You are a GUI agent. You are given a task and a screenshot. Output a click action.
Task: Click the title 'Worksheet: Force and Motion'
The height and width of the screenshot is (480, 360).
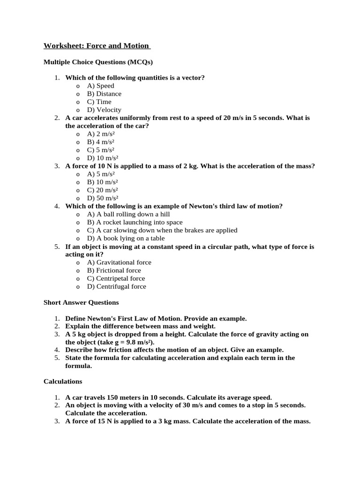click(x=97, y=46)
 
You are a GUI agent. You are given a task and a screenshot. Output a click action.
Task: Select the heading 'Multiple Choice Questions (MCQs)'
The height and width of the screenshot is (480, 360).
click(x=98, y=62)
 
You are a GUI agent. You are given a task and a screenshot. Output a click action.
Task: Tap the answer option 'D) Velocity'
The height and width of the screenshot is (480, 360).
click(x=104, y=110)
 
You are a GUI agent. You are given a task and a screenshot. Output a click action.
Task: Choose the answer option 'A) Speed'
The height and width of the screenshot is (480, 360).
click(x=100, y=86)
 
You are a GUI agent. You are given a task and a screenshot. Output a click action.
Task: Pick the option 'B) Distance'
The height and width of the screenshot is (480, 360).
click(x=104, y=94)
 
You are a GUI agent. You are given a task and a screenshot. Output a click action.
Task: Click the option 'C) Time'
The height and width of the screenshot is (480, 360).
click(x=99, y=102)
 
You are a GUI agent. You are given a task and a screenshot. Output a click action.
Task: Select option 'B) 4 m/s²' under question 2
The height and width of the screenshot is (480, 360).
click(x=101, y=142)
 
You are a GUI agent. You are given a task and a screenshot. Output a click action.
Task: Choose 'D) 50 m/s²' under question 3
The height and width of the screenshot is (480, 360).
click(x=103, y=198)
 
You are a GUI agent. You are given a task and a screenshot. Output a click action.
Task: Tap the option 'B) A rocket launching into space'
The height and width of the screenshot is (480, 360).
click(x=135, y=222)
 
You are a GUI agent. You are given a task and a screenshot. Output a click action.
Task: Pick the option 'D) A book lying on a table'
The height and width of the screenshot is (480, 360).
click(x=126, y=238)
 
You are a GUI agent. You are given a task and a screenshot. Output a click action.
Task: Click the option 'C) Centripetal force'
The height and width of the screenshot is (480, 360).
click(x=116, y=278)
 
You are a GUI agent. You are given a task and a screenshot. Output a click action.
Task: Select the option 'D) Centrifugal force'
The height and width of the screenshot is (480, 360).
click(x=116, y=286)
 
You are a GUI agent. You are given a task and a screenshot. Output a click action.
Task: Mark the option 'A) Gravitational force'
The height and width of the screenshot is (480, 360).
click(x=119, y=262)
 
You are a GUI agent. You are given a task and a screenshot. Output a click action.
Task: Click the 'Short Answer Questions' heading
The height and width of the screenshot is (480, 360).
click(x=81, y=302)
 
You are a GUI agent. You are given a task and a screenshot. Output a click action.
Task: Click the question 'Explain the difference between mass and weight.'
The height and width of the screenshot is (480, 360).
click(x=140, y=326)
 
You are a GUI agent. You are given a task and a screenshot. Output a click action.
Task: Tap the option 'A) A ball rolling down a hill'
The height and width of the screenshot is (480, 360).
click(x=127, y=214)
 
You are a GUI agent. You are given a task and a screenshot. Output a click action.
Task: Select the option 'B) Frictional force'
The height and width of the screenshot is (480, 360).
click(x=114, y=270)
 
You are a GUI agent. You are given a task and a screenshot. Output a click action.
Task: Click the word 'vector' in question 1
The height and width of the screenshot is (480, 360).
click(x=192, y=78)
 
